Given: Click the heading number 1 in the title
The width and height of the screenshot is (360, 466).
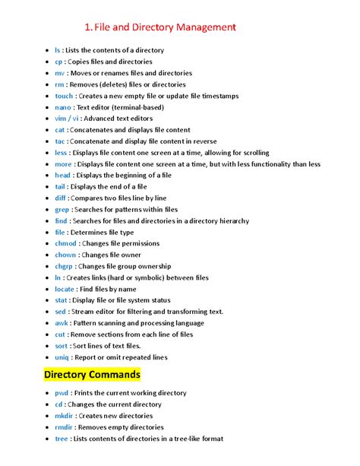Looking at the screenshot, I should pyautogui.click(x=89, y=28).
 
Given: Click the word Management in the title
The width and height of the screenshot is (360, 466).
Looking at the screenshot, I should pyautogui.click(x=201, y=28).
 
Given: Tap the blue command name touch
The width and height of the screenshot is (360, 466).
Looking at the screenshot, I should pyautogui.click(x=64, y=96).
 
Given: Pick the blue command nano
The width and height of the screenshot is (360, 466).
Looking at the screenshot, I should pyautogui.click(x=63, y=107).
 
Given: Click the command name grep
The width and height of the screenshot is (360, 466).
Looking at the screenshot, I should pyautogui.click(x=62, y=209).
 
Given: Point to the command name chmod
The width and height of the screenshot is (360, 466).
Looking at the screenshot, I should pyautogui.click(x=65, y=243).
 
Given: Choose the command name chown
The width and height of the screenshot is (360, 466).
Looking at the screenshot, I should pyautogui.click(x=65, y=255).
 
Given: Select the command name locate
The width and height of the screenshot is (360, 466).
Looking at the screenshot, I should pyautogui.click(x=65, y=289).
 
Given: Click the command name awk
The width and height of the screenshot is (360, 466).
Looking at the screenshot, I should pyautogui.click(x=61, y=322).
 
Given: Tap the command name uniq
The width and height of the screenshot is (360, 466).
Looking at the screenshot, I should pyautogui.click(x=62, y=357).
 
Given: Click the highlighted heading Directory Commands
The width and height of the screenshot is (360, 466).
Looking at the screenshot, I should pyautogui.click(x=92, y=376).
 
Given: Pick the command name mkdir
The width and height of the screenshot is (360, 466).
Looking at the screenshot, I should pyautogui.click(x=64, y=416).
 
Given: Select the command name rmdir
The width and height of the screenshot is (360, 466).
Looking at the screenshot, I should pyautogui.click(x=64, y=427).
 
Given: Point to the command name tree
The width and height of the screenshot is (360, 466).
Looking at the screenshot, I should pyautogui.click(x=61, y=439).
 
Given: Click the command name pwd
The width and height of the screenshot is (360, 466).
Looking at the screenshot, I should pyautogui.click(x=62, y=393).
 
